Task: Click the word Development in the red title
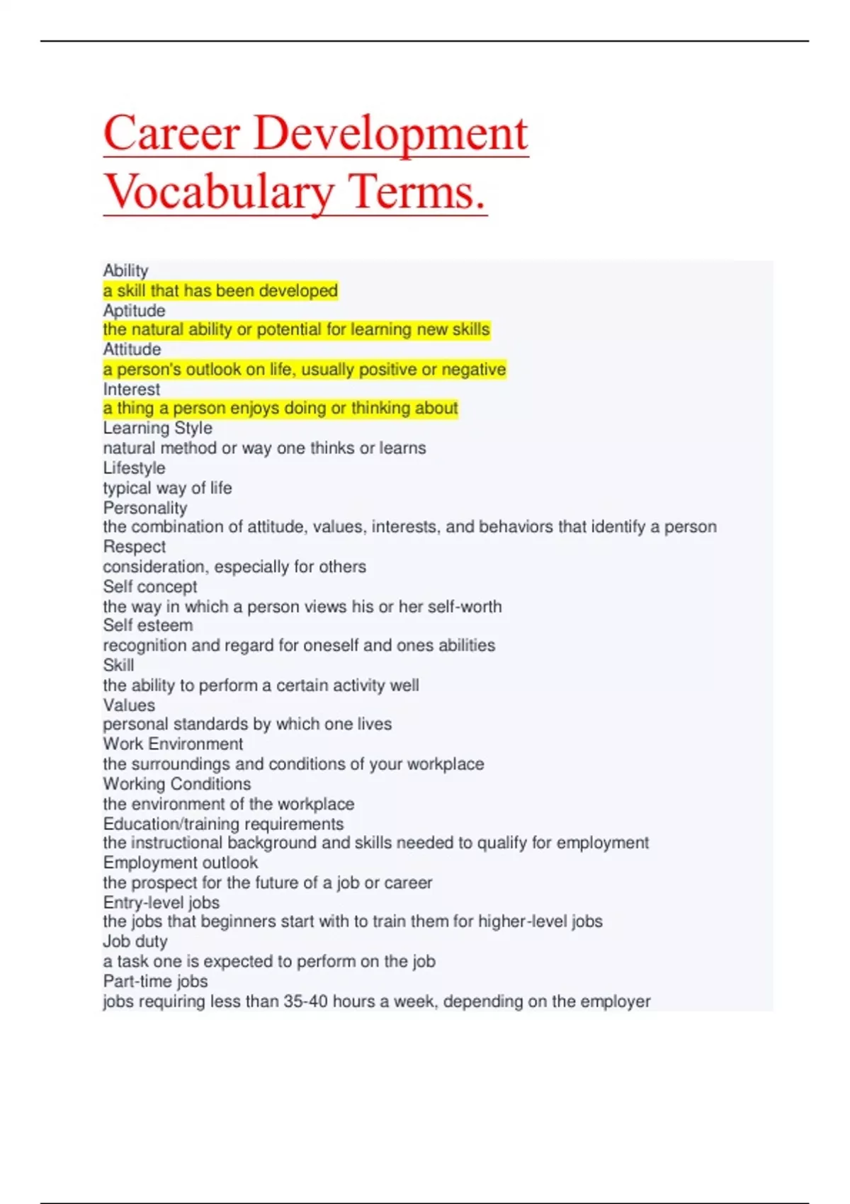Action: [x=390, y=133]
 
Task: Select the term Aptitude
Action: [x=134, y=310]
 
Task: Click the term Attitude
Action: [x=132, y=349]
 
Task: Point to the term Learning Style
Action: [x=157, y=428]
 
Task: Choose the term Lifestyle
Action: [x=134, y=468]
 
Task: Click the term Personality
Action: [x=145, y=508]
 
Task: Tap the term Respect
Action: [x=134, y=547]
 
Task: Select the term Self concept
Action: [x=150, y=586]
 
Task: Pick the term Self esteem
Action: [x=147, y=625]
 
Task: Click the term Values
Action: [x=129, y=705]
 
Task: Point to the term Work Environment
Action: [x=173, y=744]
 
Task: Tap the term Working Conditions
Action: [x=176, y=784]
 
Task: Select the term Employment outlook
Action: [x=180, y=863]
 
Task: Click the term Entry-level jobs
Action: [x=161, y=902]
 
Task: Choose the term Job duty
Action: [x=135, y=941]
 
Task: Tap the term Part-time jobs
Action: [x=155, y=981]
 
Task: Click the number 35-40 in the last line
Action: [x=305, y=1001]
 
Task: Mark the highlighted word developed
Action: [x=297, y=290]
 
